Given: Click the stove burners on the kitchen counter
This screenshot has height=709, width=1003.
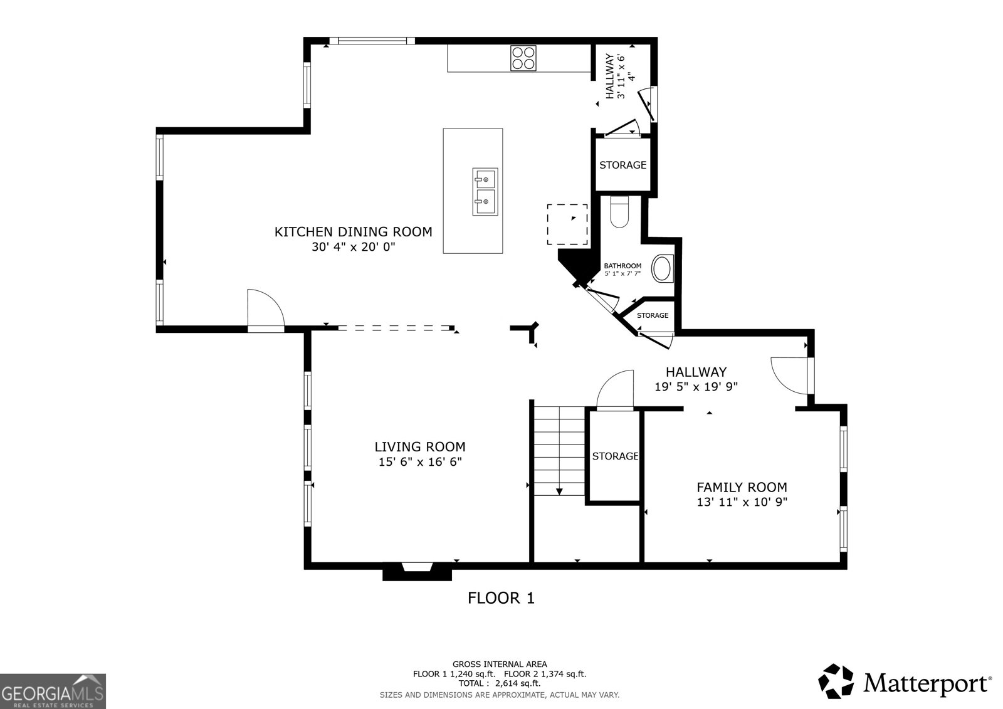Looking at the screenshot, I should click(523, 58).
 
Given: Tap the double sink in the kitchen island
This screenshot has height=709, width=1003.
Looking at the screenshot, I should click(485, 191).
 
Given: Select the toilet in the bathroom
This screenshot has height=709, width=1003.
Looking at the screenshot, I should click(619, 212).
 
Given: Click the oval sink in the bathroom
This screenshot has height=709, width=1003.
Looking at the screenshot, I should click(662, 268).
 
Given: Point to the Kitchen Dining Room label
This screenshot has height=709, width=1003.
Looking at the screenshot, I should click(353, 232).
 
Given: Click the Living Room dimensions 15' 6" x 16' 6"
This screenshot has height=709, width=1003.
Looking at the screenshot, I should click(419, 463).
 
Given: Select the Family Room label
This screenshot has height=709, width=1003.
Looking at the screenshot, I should click(742, 487).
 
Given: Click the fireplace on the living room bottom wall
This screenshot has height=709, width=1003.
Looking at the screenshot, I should click(417, 570).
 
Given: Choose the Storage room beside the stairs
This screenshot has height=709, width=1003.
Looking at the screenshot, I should click(614, 456).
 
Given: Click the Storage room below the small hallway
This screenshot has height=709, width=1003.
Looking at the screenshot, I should click(622, 165).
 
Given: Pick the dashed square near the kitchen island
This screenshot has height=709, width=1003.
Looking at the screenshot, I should click(567, 224).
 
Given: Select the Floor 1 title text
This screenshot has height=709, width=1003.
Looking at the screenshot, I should click(501, 598).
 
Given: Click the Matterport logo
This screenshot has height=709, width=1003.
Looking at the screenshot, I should click(905, 682).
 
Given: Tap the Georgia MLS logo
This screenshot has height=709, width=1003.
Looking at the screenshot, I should click(53, 691).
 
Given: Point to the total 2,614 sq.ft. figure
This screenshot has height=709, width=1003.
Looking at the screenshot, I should click(499, 683).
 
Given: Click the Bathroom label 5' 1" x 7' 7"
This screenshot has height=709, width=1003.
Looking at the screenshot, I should click(622, 270).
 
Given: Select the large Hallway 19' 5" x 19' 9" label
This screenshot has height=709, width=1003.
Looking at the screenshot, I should click(696, 379).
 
